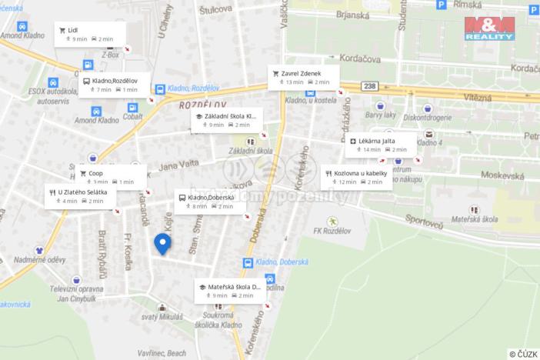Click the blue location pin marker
click(162, 244)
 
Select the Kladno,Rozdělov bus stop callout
click(111, 85)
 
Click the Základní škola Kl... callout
click(227, 119)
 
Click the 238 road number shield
click(371, 85)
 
